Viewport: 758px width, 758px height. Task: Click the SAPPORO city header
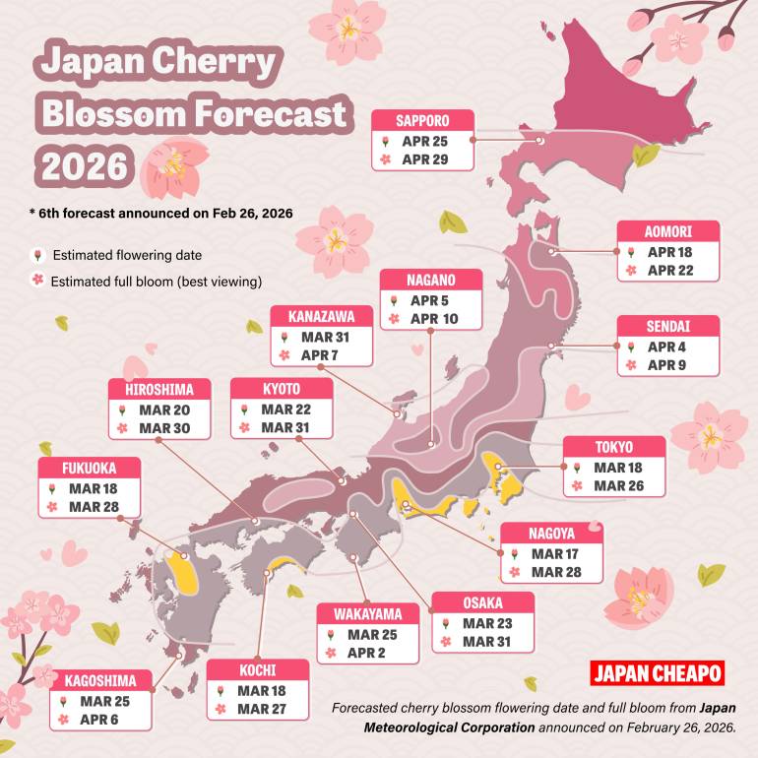point(423,120)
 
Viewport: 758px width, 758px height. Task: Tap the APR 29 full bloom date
point(424,158)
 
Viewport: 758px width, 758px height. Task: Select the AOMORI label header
point(668,232)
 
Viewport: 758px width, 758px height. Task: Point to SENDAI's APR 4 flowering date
point(667,347)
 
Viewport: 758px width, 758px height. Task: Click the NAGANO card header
point(431,281)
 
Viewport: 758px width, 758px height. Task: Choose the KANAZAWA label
point(321,317)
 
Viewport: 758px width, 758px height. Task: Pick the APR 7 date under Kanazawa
point(320,354)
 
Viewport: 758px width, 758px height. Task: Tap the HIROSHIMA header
point(159,390)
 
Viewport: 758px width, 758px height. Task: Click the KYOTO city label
point(282,390)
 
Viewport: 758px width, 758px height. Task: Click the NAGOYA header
point(551,533)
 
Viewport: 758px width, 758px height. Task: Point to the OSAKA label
point(482,603)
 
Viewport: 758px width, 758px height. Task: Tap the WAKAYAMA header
point(367,614)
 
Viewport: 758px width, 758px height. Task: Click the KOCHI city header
point(258,671)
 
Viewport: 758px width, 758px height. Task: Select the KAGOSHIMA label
point(100,681)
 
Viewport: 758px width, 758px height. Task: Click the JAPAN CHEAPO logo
point(658,674)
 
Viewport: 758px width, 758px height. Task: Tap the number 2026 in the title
point(83,164)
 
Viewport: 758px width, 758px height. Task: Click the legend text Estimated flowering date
point(127,255)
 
